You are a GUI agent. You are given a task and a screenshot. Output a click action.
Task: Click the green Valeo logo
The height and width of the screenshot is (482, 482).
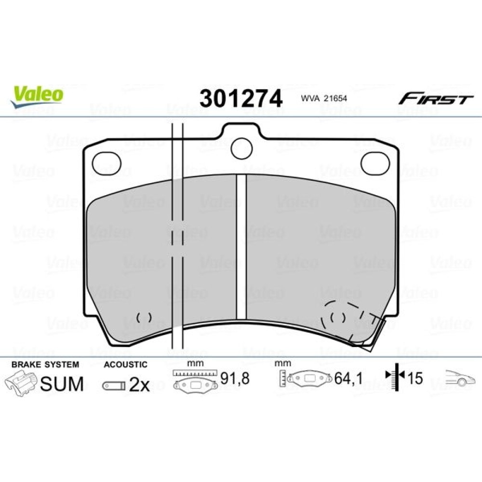pyautogui.click(x=37, y=96)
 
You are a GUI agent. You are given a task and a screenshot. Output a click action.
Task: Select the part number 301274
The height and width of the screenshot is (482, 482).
pyautogui.click(x=241, y=98)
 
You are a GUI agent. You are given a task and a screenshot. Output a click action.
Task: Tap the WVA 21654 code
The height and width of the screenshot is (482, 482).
pyautogui.click(x=324, y=98)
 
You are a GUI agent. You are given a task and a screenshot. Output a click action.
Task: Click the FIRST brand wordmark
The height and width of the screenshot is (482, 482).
pyautogui.click(x=436, y=99)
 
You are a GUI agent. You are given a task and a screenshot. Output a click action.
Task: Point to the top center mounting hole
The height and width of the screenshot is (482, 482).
pyautogui.click(x=241, y=148)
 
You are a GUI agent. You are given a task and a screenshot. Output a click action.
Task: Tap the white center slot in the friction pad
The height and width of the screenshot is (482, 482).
pyautogui.click(x=241, y=246)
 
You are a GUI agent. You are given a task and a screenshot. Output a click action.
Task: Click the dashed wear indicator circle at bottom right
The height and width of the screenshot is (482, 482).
pyautogui.click(x=337, y=317)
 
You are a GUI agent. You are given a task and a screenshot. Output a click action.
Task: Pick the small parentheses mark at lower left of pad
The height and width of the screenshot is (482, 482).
pyautogui.click(x=144, y=317)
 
